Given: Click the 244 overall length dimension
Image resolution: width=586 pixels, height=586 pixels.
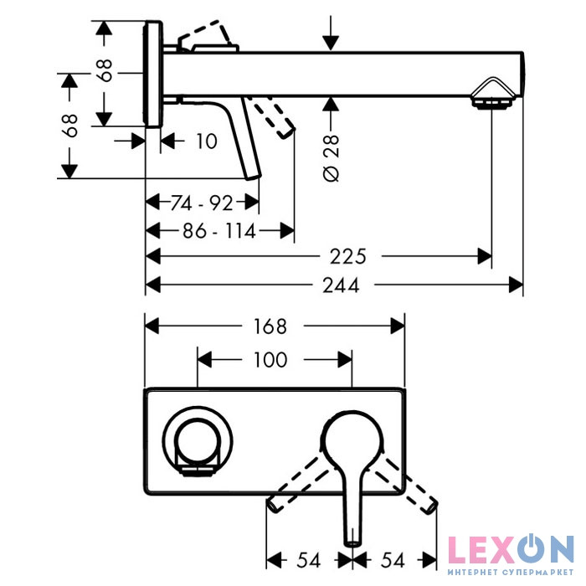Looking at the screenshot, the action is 341,285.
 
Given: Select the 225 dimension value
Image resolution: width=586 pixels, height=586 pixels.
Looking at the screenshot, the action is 347,257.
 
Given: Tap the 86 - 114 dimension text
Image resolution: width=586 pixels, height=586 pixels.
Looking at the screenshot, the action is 219,231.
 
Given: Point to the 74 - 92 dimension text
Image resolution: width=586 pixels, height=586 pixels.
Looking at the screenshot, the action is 202,203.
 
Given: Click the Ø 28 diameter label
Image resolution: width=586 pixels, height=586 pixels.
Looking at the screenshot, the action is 332,158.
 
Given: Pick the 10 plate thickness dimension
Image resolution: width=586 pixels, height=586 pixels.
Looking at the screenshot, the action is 206,141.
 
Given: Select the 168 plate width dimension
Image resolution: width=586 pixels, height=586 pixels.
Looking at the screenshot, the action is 270,326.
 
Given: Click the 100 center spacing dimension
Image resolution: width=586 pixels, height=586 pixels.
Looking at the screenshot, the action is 270,359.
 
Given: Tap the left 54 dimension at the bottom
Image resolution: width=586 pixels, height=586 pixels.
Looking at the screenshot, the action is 309,560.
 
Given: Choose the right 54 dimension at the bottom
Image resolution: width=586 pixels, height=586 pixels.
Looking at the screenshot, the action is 393,560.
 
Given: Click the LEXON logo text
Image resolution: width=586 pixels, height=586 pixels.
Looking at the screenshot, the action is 511,549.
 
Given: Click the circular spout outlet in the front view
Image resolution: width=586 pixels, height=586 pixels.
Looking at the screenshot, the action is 198,440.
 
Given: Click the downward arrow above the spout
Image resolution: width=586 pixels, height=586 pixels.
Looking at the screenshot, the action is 331,33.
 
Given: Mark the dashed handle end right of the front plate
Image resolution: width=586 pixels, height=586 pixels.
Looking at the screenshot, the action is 430,506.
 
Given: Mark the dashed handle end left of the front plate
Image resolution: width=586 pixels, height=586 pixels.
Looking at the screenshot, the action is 274,505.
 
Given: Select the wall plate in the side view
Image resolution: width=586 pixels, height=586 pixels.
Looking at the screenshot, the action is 152,74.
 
